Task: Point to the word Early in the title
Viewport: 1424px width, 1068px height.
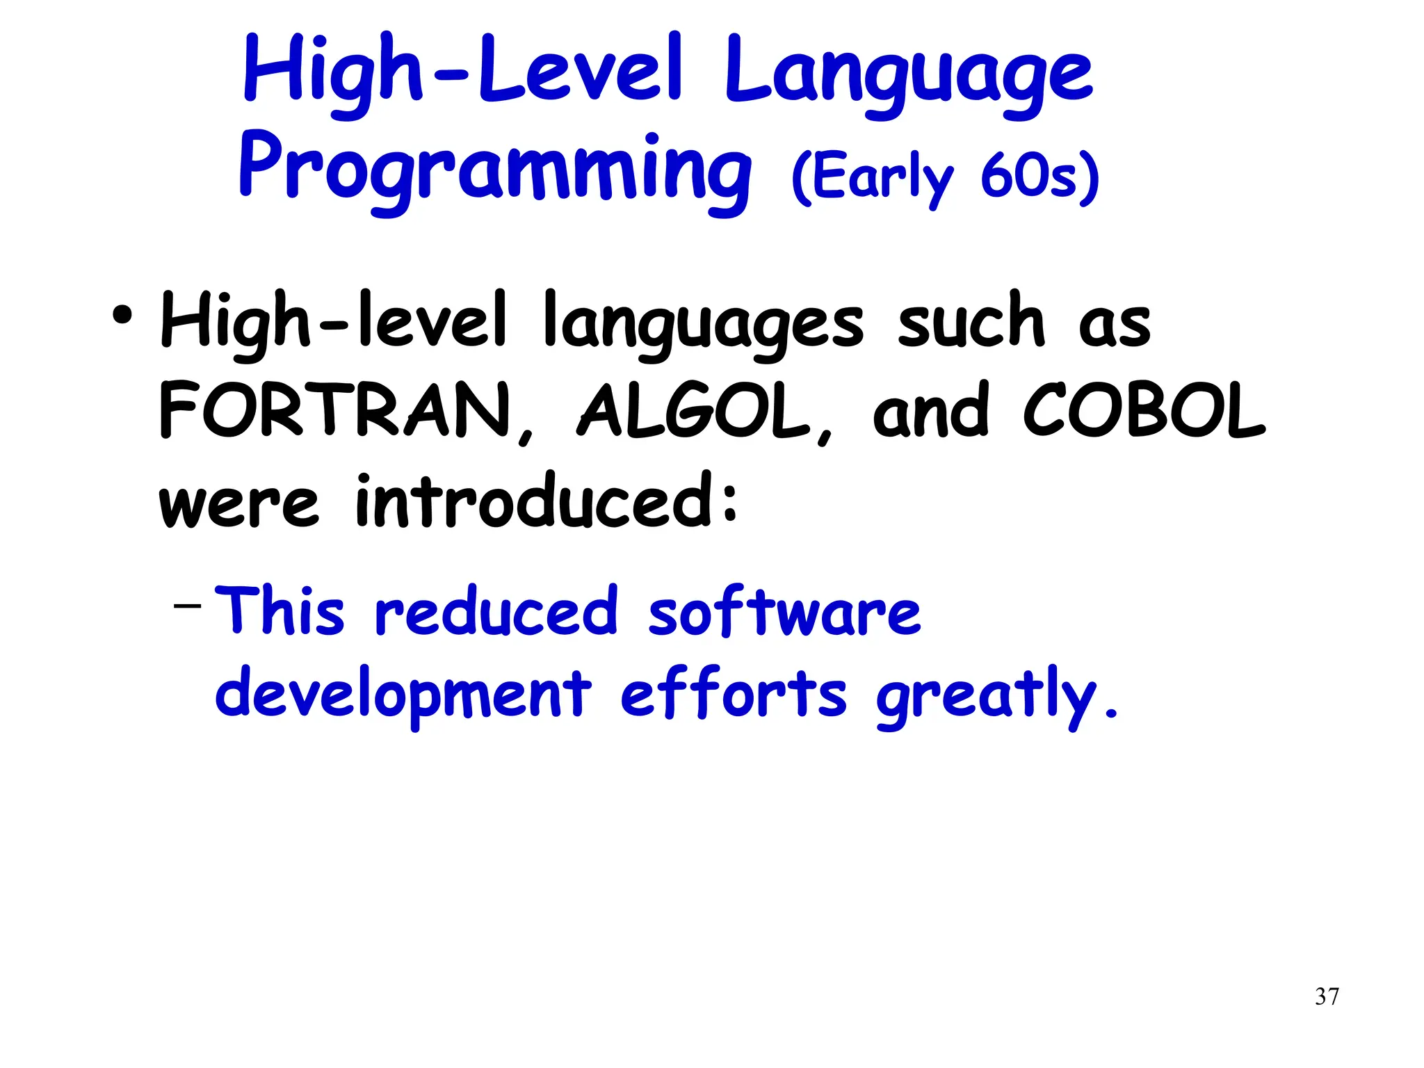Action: [x=873, y=177]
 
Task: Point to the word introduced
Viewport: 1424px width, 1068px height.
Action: [x=546, y=500]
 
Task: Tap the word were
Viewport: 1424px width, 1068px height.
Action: [x=238, y=503]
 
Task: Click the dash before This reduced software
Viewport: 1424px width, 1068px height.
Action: [x=187, y=606]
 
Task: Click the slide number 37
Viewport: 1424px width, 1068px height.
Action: [x=1327, y=996]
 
